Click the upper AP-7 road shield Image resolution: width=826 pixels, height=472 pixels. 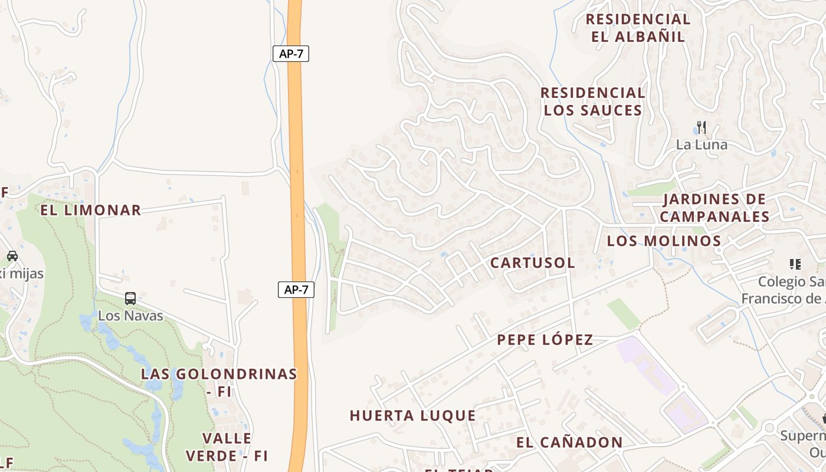click(291, 54)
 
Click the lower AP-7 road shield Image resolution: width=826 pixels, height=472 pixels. click(296, 290)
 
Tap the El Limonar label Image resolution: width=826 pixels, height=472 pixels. click(91, 210)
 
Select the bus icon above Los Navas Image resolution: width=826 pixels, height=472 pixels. click(130, 299)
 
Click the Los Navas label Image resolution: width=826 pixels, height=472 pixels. click(130, 316)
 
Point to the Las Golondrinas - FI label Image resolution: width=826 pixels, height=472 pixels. click(219, 382)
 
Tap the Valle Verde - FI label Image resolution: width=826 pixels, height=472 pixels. click(227, 447)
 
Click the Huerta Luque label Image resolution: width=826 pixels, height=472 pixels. click(413, 415)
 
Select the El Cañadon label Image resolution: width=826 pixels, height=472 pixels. click(569, 442)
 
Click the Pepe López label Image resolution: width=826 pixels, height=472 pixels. click(545, 340)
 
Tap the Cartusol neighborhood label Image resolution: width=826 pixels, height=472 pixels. click(533, 263)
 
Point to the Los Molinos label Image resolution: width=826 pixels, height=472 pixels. click(664, 241)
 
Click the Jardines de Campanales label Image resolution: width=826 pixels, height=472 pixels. click(714, 208)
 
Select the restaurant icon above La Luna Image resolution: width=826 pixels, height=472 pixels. click(701, 127)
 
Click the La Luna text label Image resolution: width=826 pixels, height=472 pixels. click(702, 145)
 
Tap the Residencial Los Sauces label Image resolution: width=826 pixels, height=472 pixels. click(593, 101)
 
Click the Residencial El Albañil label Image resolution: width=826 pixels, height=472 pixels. click(638, 28)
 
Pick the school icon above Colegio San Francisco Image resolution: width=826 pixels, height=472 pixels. click(795, 264)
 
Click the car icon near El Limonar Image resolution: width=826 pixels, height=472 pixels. click(12, 256)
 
